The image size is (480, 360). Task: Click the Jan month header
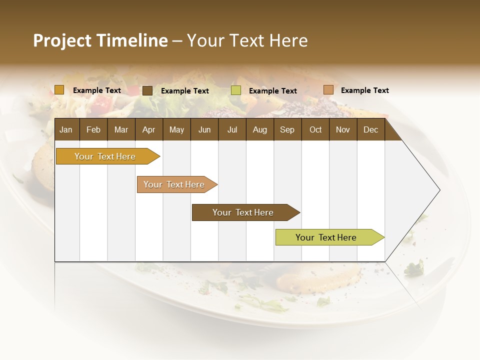tap(66, 129)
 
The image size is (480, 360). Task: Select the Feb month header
tap(93, 129)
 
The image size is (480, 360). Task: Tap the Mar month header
tap(121, 129)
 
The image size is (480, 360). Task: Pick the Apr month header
tap(149, 129)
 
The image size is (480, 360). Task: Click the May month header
tap(176, 129)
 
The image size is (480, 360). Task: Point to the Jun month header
tap(204, 129)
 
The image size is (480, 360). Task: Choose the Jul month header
tap(232, 129)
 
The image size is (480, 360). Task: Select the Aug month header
tap(260, 129)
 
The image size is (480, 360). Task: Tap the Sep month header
tap(287, 129)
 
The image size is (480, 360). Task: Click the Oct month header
tap(315, 129)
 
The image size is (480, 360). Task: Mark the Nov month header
tap(343, 129)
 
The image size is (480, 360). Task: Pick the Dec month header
tap(371, 129)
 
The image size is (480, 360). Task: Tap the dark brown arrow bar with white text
tap(243, 212)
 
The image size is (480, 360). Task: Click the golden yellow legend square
tap(59, 90)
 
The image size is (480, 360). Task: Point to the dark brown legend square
tap(147, 90)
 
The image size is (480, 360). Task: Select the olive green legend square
tap(236, 90)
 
